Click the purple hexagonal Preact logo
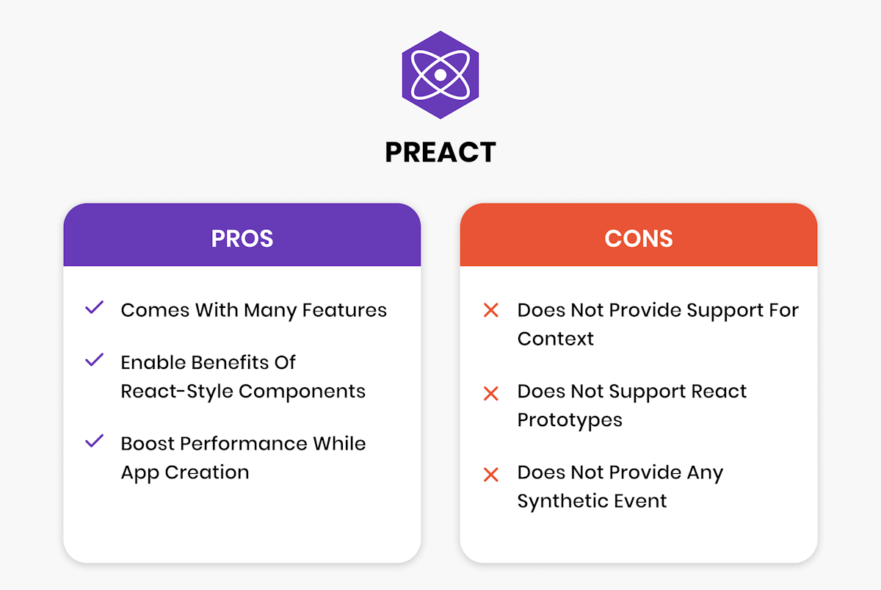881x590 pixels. [x=440, y=75]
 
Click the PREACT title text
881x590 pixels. [x=440, y=152]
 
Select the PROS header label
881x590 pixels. [x=242, y=239]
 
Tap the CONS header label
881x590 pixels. [x=638, y=239]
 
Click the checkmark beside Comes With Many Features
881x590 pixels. [x=94, y=309]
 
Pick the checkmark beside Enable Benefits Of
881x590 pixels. [x=94, y=361]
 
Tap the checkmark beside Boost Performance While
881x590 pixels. [x=94, y=442]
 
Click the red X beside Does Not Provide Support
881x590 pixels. [x=490, y=311]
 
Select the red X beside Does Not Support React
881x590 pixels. [x=490, y=393]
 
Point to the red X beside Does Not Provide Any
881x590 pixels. [x=490, y=475]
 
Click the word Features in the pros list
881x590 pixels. [x=344, y=310]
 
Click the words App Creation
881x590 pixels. [x=185, y=472]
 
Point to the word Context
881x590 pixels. [x=556, y=339]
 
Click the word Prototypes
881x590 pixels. [x=570, y=420]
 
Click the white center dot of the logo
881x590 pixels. [x=439, y=75]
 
